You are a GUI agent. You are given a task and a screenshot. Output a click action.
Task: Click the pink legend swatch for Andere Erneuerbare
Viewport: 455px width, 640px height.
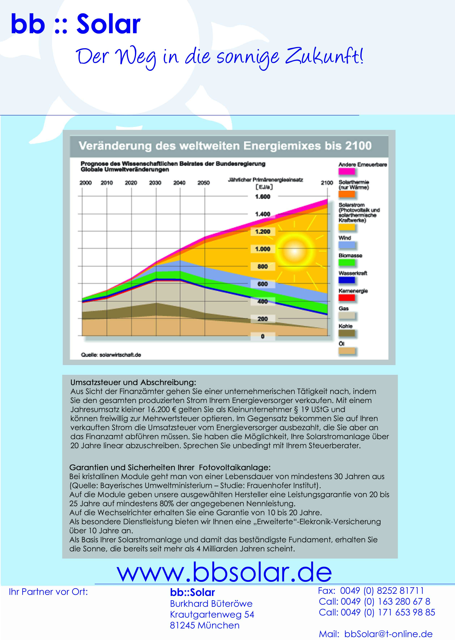pyautogui.click(x=346, y=171)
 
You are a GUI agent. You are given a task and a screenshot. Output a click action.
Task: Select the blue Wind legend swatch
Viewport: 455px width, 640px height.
pyautogui.click(x=346, y=245)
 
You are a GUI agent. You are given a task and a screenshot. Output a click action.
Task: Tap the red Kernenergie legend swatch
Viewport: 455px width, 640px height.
pyautogui.click(x=346, y=298)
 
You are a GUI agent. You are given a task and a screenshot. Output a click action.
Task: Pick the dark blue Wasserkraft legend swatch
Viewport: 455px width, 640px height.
pyautogui.click(x=346, y=280)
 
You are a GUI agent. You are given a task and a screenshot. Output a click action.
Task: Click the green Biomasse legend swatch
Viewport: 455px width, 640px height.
pyautogui.click(x=346, y=262)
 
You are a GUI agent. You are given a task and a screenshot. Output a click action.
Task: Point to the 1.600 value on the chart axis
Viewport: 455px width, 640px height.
pyautogui.click(x=263, y=197)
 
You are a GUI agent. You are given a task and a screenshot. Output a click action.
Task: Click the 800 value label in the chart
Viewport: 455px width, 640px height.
pyautogui.click(x=263, y=266)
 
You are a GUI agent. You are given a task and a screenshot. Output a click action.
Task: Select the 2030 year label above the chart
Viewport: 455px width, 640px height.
pyautogui.click(x=155, y=183)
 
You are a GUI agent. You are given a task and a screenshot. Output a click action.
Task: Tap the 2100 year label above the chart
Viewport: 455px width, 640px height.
pyautogui.click(x=327, y=183)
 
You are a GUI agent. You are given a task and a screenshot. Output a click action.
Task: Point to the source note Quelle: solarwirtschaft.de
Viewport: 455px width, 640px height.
pyautogui.click(x=111, y=355)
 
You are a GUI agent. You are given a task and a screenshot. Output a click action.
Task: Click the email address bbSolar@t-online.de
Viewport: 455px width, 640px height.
pyautogui.click(x=388, y=634)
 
